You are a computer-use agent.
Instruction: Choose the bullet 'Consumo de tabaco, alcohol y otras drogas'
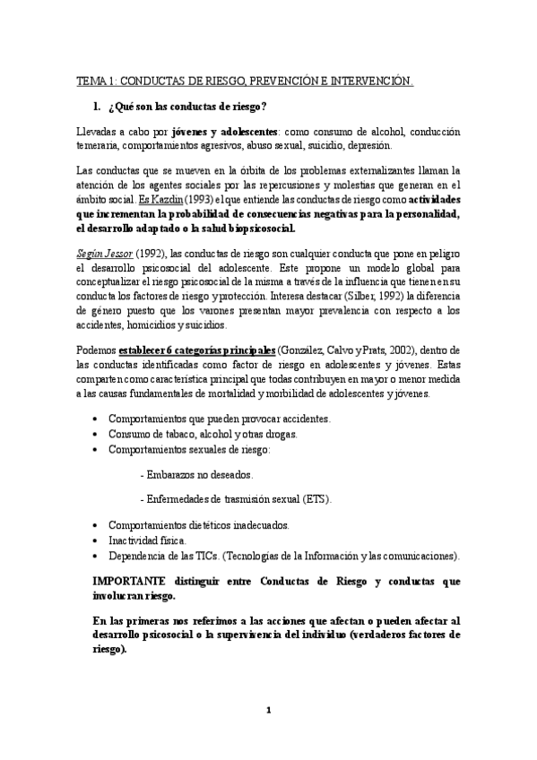[203, 434]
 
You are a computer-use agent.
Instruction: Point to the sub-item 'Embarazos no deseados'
[201, 473]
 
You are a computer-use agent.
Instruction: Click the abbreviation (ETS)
[316, 498]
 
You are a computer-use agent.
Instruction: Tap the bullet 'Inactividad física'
[147, 540]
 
